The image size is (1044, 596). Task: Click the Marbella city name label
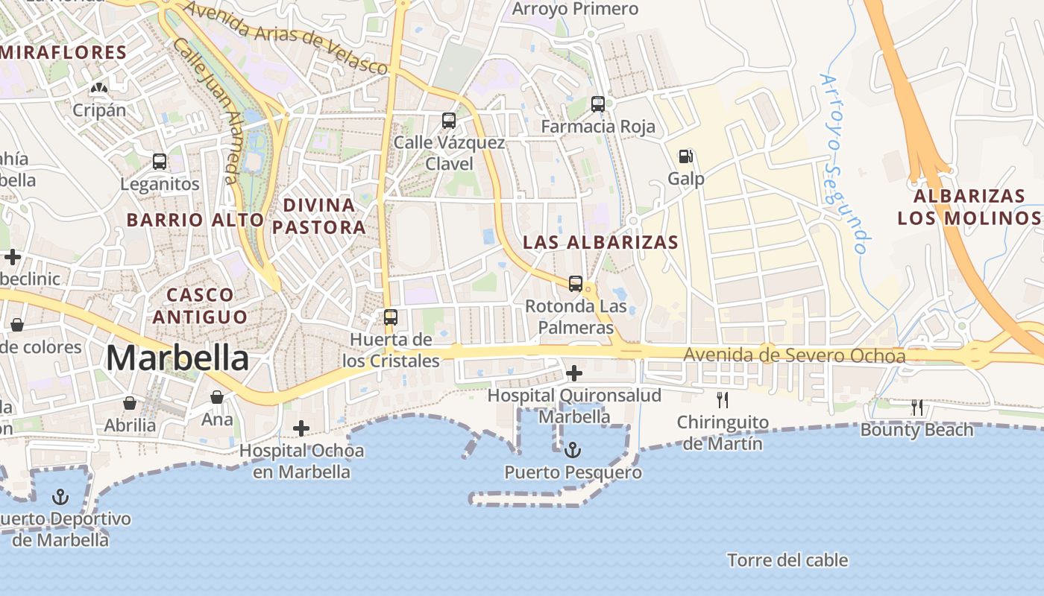coord(177,358)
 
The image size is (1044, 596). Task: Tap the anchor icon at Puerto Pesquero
coord(573,450)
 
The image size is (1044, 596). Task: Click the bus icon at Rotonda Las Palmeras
coord(575,283)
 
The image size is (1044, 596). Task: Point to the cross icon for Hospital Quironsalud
coord(574,372)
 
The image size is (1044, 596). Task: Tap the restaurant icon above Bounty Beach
coord(917,407)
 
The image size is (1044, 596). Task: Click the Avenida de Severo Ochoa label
coord(794,355)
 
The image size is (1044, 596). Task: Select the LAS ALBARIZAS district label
coord(601,242)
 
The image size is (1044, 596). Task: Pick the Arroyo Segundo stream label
coord(846,164)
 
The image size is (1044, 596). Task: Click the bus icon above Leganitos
coord(159,161)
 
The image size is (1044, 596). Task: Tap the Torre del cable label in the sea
coord(787,560)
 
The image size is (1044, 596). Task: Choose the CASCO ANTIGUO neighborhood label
coord(200,305)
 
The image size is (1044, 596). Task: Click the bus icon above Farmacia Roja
coord(598,104)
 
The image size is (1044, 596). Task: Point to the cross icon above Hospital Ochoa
coord(301,428)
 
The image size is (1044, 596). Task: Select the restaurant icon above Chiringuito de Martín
coord(722,399)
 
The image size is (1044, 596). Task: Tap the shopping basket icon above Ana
coord(217,397)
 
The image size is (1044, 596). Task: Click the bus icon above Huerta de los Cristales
coord(390,317)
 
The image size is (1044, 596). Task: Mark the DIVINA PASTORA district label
coord(319,216)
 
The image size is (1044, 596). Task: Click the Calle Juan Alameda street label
coord(207,112)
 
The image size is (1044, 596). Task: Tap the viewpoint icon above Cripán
coord(98,88)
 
